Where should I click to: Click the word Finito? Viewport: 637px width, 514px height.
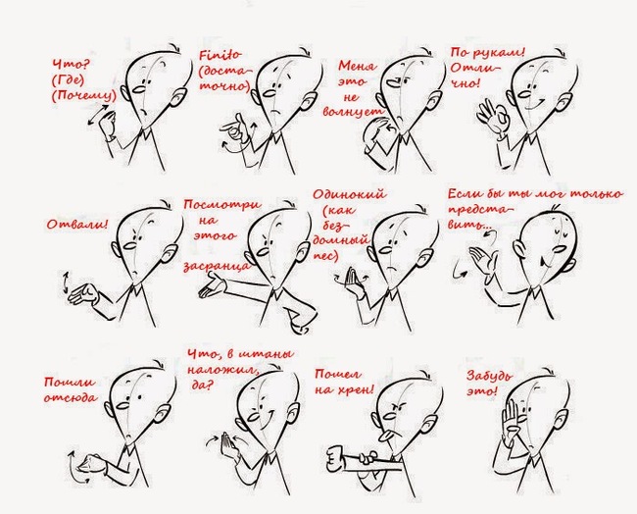point(220,55)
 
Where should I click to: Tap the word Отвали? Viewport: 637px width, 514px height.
point(78,224)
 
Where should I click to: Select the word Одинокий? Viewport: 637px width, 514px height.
point(350,194)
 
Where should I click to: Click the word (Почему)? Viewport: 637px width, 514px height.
point(84,96)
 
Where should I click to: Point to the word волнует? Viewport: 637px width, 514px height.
point(353,112)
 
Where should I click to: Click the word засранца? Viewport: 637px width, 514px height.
point(216,267)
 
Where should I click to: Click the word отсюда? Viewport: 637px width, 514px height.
point(71,397)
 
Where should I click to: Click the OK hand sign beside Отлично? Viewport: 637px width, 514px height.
point(493,117)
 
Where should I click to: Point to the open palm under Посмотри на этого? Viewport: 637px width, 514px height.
point(212,285)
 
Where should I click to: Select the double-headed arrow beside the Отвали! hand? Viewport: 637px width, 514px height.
point(65,283)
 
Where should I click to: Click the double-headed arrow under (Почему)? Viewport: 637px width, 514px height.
point(99,115)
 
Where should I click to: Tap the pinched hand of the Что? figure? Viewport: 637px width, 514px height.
point(109,126)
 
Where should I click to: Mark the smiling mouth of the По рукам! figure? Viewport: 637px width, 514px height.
point(534,107)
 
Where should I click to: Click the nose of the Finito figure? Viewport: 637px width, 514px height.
point(269,93)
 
